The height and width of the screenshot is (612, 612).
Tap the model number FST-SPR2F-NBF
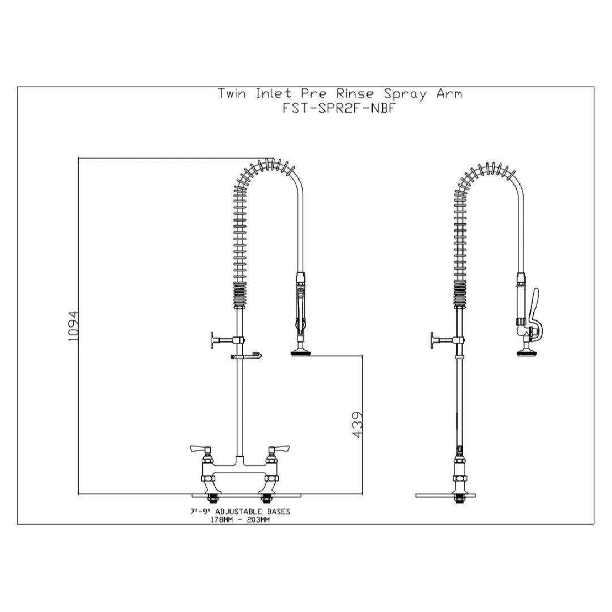click(339, 109)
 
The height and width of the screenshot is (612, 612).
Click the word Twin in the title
click(232, 94)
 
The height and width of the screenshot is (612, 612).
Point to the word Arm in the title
click(449, 94)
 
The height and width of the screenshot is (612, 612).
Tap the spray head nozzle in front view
click(300, 354)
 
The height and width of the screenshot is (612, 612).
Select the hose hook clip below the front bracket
click(246, 356)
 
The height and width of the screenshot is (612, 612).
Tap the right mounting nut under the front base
click(264, 499)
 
